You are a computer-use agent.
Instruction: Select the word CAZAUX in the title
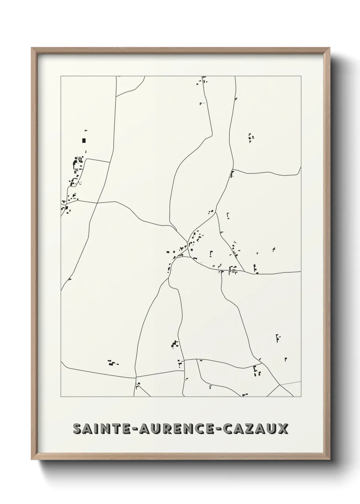(255, 429)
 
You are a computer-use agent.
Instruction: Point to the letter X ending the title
(283, 429)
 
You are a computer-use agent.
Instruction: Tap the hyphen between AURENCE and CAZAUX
(218, 429)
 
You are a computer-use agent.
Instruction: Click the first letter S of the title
(78, 429)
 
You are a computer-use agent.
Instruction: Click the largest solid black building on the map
(84, 140)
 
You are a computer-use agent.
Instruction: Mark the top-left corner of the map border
(61, 76)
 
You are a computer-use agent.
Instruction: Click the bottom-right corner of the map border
(301, 397)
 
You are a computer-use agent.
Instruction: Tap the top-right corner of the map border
(301, 76)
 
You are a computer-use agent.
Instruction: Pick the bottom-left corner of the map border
(61, 397)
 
